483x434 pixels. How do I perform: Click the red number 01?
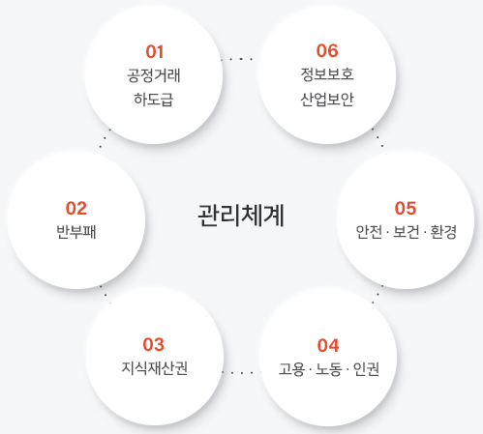click(155, 51)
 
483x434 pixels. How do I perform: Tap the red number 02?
click(76, 208)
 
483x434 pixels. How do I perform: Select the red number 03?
click(154, 344)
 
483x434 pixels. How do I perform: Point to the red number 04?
click(328, 345)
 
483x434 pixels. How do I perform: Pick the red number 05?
click(406, 208)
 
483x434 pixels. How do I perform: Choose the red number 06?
click(327, 51)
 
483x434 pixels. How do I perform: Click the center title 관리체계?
click(241, 216)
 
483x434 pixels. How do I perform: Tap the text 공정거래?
click(154, 75)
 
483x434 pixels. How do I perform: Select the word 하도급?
click(154, 100)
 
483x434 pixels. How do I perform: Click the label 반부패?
click(76, 232)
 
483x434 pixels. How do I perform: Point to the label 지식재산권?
click(154, 368)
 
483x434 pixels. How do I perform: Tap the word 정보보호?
click(327, 74)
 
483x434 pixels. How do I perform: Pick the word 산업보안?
click(327, 100)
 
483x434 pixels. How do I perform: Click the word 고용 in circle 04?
click(292, 369)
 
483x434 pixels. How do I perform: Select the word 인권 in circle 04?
click(366, 369)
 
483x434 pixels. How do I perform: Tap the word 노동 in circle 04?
click(329, 369)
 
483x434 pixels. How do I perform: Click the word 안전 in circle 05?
click(369, 232)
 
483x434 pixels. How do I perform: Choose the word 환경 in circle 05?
click(443, 232)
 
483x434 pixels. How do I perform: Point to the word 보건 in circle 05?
click(407, 232)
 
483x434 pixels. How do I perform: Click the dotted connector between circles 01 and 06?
click(241, 59)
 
